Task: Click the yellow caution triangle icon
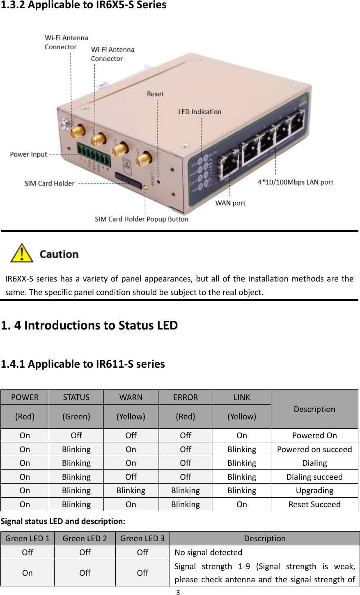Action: (x=22, y=253)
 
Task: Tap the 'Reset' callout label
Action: (x=155, y=94)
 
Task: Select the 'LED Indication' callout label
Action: (x=199, y=112)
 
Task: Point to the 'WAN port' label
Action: (x=230, y=203)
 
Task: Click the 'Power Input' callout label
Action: (x=28, y=154)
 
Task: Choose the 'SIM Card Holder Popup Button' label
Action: (x=142, y=219)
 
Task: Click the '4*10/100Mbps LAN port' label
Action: (x=295, y=182)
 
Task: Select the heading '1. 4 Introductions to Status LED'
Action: (x=89, y=325)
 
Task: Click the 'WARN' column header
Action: (x=131, y=397)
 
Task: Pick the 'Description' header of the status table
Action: (x=314, y=409)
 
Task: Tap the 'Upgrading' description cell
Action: (x=314, y=490)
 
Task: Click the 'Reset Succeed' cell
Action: (x=314, y=504)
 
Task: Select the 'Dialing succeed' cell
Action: (x=314, y=477)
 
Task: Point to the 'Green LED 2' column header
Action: (x=85, y=538)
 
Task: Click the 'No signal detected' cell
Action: (x=209, y=552)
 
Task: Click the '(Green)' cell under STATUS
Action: (x=76, y=416)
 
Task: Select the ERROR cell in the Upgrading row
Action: (x=185, y=490)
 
